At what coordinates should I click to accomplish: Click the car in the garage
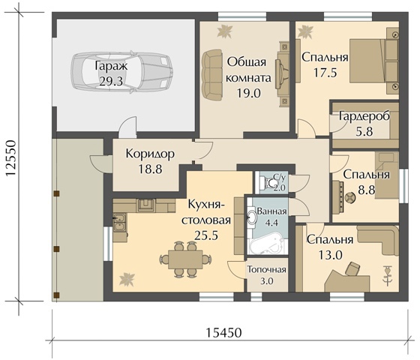tap(121, 71)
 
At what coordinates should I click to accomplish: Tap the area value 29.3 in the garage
tap(111, 81)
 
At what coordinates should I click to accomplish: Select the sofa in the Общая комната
tap(212, 75)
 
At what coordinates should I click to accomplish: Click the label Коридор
tap(150, 154)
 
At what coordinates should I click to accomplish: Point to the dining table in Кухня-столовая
tap(185, 259)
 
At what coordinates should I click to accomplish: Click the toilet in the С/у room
tap(269, 183)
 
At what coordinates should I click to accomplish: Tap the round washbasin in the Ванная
tap(252, 217)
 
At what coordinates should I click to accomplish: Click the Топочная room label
tap(267, 269)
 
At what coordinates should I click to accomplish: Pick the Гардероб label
tap(364, 116)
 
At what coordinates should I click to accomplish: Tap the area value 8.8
tap(367, 190)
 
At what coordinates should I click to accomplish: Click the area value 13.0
tap(330, 255)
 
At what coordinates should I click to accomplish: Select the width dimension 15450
tap(223, 333)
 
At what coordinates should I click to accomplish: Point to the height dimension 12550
tap(12, 158)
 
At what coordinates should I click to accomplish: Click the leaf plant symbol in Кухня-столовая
tap(127, 279)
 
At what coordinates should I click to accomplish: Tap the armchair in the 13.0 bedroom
tap(352, 269)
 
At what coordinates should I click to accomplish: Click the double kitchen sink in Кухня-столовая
tap(119, 222)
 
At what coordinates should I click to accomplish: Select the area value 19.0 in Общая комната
tap(248, 93)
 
